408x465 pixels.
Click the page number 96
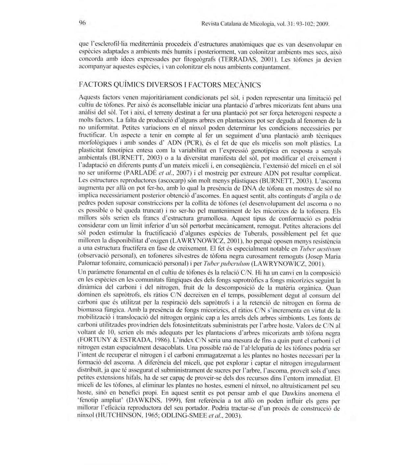pyautogui.click(x=82, y=23)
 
